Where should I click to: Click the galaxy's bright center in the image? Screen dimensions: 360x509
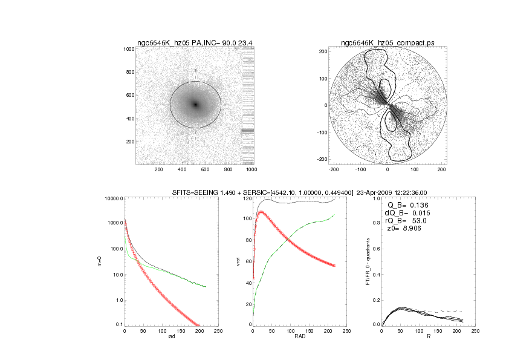coord(195,104)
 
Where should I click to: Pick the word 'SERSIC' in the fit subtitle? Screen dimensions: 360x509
coord(240,192)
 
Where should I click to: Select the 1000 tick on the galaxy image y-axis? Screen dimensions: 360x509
coord(127,49)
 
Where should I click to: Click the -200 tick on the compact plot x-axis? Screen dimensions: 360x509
coord(332,170)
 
